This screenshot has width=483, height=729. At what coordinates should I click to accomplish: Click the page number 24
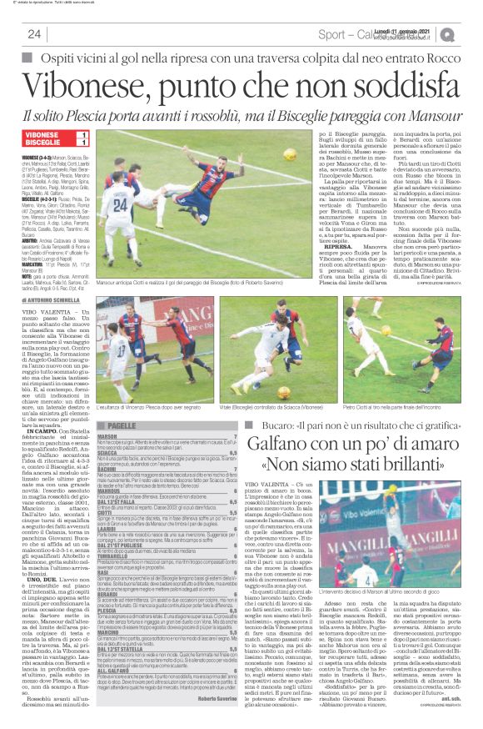(x=35, y=33)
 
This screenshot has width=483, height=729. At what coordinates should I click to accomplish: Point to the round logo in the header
(x=471, y=33)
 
